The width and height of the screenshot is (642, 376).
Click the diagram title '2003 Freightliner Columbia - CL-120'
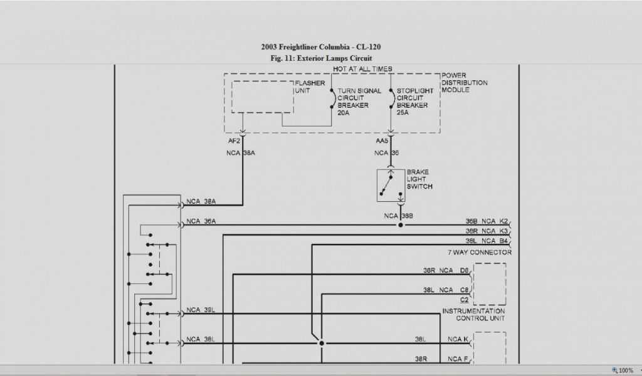click(x=320, y=47)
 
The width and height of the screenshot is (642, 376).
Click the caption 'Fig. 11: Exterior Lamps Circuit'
click(x=320, y=58)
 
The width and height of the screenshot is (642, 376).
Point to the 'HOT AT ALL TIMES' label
click(x=362, y=69)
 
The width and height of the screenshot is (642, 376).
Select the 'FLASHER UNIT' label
click(x=309, y=86)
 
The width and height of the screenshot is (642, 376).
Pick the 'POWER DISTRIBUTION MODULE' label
click(x=464, y=83)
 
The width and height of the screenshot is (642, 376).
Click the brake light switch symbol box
click(x=391, y=185)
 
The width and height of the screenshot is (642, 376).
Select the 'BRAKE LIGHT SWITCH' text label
click(x=419, y=179)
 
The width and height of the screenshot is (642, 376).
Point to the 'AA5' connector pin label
click(x=382, y=141)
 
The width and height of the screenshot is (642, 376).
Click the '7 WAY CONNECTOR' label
click(x=479, y=253)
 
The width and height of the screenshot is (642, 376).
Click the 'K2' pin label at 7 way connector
click(x=503, y=221)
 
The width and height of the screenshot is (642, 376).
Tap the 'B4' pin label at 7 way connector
click(x=503, y=241)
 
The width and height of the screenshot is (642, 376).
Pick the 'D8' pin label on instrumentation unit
click(x=465, y=271)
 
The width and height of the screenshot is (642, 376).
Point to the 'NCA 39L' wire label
click(x=201, y=310)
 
